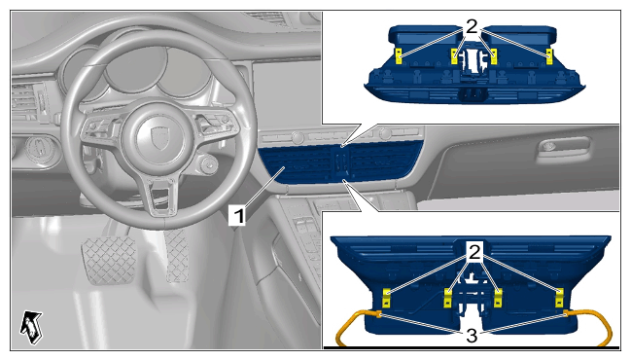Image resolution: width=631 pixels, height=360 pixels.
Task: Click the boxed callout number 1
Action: tap(238, 215)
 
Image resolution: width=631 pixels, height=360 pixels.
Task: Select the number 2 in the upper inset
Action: tap(472, 27)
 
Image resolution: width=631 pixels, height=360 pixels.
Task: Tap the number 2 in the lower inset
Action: tap(474, 252)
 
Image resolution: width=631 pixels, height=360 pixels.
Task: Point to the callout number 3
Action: tap(472, 336)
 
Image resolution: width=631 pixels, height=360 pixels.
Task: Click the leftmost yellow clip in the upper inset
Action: tap(399, 56)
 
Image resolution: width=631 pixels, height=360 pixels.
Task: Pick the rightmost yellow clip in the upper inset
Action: tap(549, 56)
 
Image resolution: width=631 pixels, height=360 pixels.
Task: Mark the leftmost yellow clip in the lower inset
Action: tap(386, 298)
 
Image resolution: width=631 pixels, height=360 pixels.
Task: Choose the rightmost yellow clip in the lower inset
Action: tap(559, 298)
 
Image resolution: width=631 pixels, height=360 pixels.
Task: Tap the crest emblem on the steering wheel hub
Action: tap(159, 136)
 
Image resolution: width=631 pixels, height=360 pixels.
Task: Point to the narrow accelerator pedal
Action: tap(177, 255)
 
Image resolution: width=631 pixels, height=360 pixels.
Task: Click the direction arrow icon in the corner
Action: tap(31, 327)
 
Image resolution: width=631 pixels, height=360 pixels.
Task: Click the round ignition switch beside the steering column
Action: tap(209, 164)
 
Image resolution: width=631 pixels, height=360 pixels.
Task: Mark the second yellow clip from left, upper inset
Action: tap(454, 56)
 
